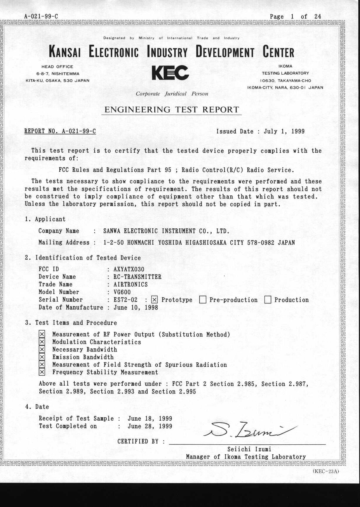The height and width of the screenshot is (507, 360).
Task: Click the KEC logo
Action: pyautogui.click(x=170, y=73)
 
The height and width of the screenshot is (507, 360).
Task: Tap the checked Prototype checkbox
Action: pyautogui.click(x=154, y=300)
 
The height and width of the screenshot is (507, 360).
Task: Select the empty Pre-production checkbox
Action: pyautogui.click(x=202, y=300)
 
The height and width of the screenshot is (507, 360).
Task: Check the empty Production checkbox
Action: pyautogui.click(x=268, y=300)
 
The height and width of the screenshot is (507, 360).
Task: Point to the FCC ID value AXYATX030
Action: pyautogui.click(x=129, y=269)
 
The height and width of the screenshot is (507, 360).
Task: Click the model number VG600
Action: pyautogui.click(x=122, y=292)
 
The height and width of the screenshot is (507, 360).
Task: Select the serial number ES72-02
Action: pyautogui.click(x=125, y=300)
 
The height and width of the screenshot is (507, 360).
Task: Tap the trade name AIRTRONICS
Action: pyautogui.click(x=130, y=285)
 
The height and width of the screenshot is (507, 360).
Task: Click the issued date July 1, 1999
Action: pyautogui.click(x=284, y=131)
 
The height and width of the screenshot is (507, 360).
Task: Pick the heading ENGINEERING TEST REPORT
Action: pyautogui.click(x=172, y=110)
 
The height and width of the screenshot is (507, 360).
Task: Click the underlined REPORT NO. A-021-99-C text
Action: pyautogui.click(x=60, y=131)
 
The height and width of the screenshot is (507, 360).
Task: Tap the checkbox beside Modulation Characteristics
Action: pyautogui.click(x=42, y=342)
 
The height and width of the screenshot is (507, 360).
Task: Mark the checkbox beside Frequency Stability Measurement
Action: pyautogui.click(x=42, y=372)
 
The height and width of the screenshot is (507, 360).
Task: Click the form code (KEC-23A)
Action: pyautogui.click(x=326, y=471)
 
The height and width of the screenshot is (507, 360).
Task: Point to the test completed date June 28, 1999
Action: pyautogui.click(x=150, y=426)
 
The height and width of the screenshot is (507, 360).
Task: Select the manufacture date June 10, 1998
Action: pyautogui.click(x=136, y=307)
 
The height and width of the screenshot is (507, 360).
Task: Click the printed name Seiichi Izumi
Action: pyautogui.click(x=249, y=449)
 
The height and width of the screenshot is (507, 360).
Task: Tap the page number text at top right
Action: pyautogui.click(x=295, y=16)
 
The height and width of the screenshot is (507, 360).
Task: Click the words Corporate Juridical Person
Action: pyautogui.click(x=172, y=94)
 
